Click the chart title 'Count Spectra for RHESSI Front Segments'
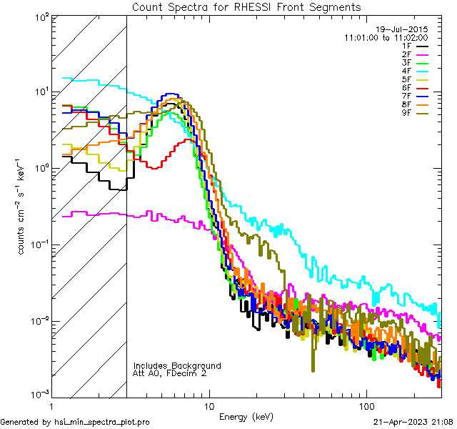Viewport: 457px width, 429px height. (246, 6)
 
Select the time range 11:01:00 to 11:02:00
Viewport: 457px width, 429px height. (386, 36)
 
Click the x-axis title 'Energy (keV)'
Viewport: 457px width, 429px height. (246, 416)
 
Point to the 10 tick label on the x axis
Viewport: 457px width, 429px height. (209, 405)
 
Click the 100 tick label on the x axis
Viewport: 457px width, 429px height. (366, 405)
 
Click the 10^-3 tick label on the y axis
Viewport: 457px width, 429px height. (40, 395)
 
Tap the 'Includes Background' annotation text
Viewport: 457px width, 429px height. (177, 365)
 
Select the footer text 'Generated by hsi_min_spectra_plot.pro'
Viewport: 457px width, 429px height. (75, 423)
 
